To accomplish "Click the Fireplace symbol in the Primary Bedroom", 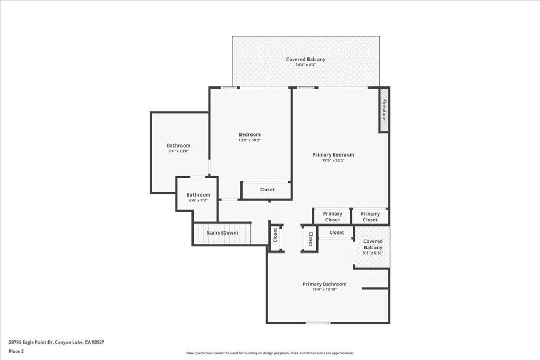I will tap(384, 110).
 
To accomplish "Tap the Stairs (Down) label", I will tap(221, 233).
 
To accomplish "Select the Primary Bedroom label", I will tap(333, 154).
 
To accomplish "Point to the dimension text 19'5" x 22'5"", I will tap(333, 160).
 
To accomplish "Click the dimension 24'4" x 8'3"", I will tap(305, 65).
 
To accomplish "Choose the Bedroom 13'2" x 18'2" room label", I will tap(249, 134).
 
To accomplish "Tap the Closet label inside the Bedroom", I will tap(267, 190).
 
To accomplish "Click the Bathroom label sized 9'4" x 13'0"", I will tap(178, 145).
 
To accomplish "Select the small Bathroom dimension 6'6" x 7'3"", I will tap(198, 200).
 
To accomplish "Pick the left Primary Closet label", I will tap(332, 217).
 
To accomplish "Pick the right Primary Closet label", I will tap(370, 217).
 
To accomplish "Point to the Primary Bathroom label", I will tap(324, 284).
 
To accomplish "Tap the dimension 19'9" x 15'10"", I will tap(324, 289).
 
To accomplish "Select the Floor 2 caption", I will tap(16, 351).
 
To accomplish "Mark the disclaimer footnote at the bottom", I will tap(269, 353).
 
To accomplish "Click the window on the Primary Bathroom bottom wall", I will tap(318, 323).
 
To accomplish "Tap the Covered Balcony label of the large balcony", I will tap(305, 59).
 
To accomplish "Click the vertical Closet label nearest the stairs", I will tap(275, 236).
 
